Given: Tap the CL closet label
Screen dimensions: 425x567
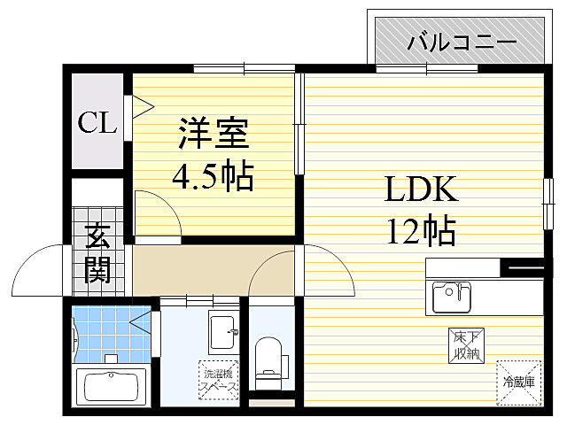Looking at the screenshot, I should [x=97, y=123].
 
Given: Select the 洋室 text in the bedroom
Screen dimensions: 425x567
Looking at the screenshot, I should [x=213, y=135].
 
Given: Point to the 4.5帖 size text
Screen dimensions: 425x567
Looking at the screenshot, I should [x=213, y=177].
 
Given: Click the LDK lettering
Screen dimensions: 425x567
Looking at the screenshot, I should [x=420, y=190].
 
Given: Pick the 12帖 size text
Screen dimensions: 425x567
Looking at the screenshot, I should [x=420, y=231].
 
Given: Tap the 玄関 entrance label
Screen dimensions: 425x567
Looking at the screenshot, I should [x=97, y=254].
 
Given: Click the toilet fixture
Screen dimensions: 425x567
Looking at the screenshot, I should [x=267, y=359].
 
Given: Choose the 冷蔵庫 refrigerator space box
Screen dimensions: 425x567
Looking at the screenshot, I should [x=518, y=382].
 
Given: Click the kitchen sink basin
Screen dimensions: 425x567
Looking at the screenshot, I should [x=452, y=297].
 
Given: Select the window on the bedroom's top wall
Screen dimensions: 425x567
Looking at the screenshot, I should [x=244, y=68].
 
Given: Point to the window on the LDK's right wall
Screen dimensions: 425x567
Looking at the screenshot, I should [x=547, y=202].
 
